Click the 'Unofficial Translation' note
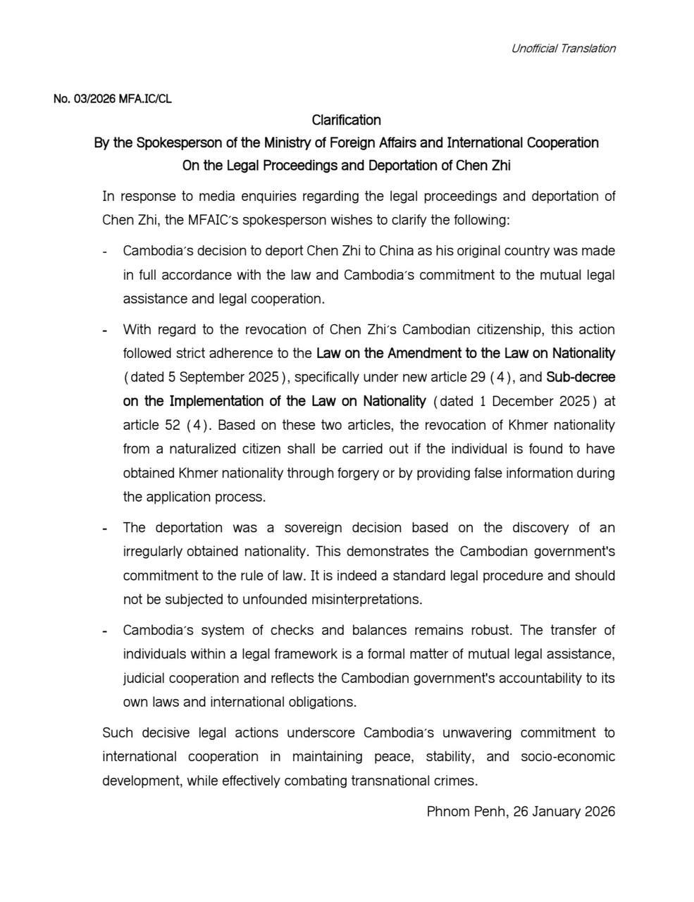coord(563,49)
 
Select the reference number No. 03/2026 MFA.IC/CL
coord(112,99)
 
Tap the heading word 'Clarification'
coord(346,120)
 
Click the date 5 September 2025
coord(204,378)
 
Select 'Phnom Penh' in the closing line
coord(466,811)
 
